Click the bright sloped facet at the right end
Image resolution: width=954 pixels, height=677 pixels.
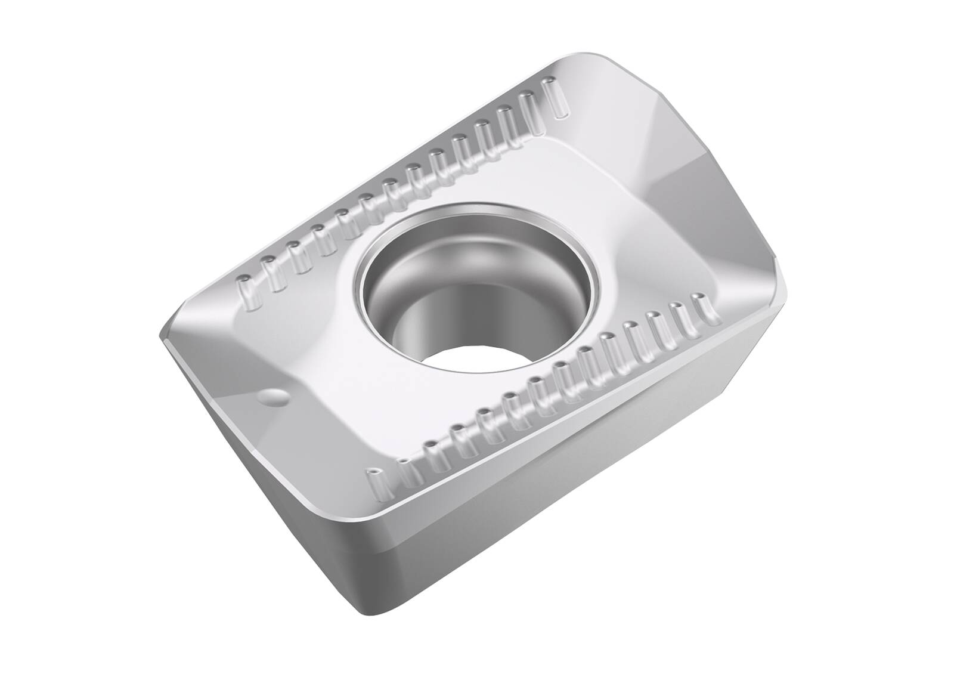pos(704,179)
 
